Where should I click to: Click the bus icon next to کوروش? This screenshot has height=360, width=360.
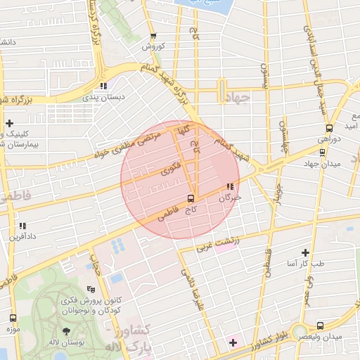click(154, 37)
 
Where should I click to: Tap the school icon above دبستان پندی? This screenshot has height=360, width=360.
click(103, 86)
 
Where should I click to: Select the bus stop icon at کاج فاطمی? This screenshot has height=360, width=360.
click(191, 198)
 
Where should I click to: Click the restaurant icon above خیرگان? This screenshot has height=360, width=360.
click(229, 187)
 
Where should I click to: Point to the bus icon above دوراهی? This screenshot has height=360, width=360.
click(329, 128)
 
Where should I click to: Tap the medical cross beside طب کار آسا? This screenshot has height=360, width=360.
click(305, 252)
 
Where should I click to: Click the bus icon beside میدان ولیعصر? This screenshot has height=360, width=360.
click(320, 326)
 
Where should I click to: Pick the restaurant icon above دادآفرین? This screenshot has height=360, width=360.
click(22, 226)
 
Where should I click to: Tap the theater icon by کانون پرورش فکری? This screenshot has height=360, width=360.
click(91, 288)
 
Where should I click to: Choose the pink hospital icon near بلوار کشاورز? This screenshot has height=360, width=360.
click(233, 342)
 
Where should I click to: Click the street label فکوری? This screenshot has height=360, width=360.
click(171, 168)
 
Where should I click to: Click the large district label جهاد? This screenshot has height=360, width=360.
click(239, 99)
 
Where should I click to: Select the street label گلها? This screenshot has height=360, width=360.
click(182, 131)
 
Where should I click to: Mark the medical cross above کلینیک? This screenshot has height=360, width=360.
click(9, 123)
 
